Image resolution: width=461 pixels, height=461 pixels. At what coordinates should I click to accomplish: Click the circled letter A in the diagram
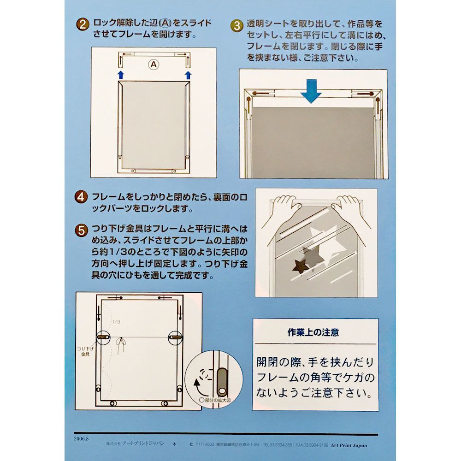point(153,65)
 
